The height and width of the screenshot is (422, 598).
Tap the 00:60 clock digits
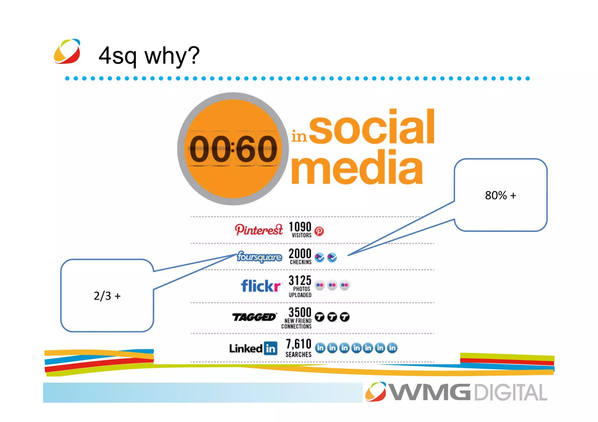click(233, 149)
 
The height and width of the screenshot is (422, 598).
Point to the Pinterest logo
click(259, 230)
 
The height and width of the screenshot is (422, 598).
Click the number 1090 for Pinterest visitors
click(300, 227)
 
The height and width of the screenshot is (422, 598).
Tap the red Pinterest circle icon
click(319, 231)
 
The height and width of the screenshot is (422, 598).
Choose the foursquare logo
click(259, 257)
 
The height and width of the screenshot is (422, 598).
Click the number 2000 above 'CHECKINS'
click(300, 253)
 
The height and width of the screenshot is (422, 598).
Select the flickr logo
click(260, 286)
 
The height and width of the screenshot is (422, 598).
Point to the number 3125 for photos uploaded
click(300, 280)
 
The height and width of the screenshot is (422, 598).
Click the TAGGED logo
click(254, 317)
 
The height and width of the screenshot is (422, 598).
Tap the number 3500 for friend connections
click(300, 312)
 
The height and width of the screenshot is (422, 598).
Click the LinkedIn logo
click(253, 348)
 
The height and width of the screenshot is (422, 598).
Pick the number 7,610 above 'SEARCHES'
click(299, 344)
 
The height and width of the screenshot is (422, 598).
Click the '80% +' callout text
click(500, 195)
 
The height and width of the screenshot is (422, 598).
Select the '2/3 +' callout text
click(107, 296)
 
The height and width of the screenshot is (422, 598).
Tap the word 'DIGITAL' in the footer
click(510, 393)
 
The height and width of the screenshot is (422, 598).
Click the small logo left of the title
click(67, 51)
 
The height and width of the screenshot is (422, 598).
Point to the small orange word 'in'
click(299, 136)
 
